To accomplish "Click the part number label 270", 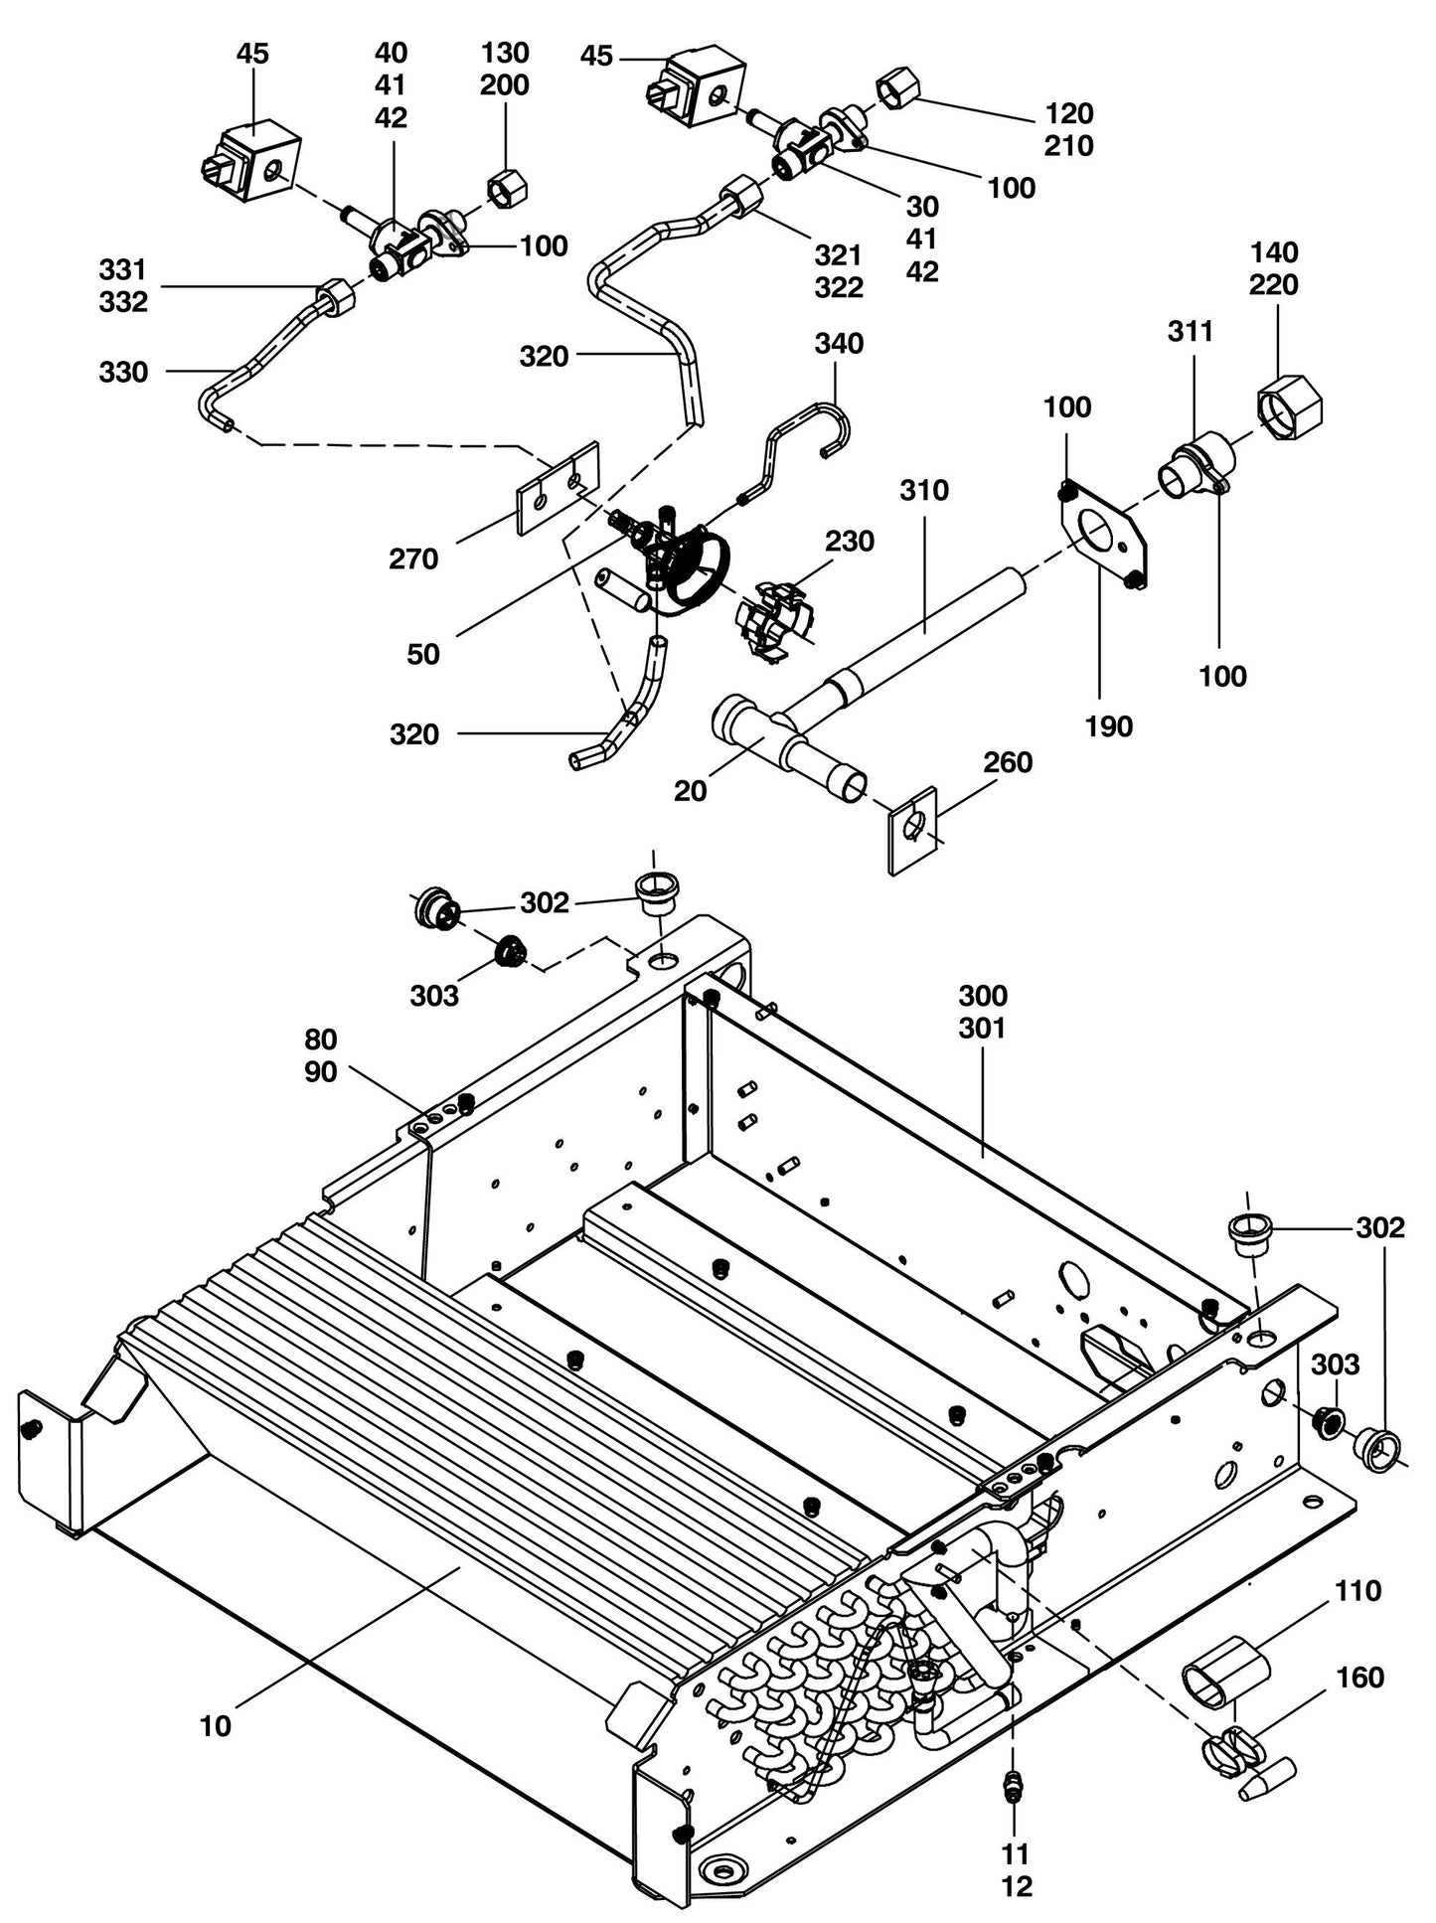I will [413, 560].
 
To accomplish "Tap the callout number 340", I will [839, 344].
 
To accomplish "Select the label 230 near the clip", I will [850, 542].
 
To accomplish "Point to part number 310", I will [924, 490].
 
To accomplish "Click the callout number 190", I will [1109, 726].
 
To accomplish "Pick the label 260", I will [1008, 762].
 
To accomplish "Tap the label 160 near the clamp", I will [1360, 1678].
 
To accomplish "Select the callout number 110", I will [1357, 1591].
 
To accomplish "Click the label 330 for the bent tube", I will [123, 373].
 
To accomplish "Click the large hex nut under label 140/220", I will [1291, 408].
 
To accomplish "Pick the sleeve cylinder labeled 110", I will [1224, 1672].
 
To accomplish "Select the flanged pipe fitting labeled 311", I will [1197, 466].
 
